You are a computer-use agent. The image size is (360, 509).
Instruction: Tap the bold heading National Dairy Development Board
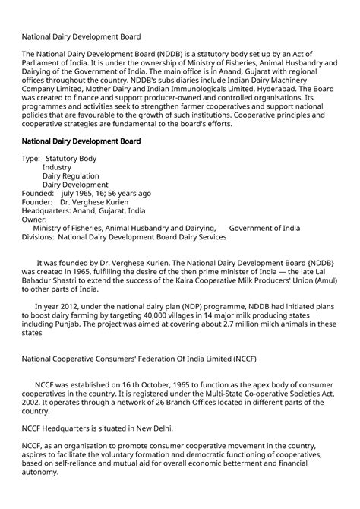[81, 141]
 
